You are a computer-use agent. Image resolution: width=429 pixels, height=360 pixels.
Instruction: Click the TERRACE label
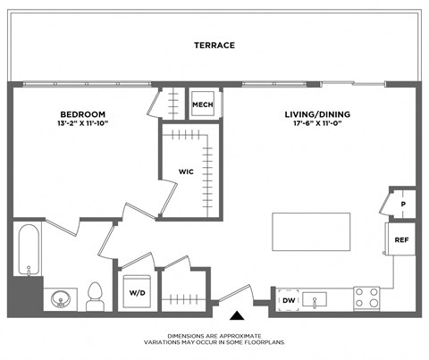[214, 45]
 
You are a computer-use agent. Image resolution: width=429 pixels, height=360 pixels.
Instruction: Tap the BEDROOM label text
[83, 114]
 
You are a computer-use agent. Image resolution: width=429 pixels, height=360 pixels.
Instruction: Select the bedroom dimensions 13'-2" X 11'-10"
[83, 125]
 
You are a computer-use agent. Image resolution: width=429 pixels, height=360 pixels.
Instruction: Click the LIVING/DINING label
[317, 114]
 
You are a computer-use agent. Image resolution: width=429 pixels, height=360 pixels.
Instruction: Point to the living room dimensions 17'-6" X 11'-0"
[317, 125]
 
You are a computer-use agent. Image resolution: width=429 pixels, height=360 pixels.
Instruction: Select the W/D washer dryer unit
[138, 292]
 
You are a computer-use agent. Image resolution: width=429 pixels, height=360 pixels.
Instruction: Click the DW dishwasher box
[289, 300]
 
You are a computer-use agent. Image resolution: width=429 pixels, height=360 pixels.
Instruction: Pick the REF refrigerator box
[401, 239]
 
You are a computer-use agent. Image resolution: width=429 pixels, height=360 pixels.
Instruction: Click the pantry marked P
[402, 204]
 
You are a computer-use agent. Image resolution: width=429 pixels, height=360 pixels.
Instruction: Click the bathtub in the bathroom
[27, 249]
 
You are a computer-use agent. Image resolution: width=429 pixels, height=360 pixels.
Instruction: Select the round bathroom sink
[61, 297]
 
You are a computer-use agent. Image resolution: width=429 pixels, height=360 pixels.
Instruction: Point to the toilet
[96, 297]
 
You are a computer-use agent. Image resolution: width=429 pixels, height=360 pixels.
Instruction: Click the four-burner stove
[367, 297]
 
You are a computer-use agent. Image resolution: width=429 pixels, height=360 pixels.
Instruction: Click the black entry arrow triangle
[236, 314]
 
